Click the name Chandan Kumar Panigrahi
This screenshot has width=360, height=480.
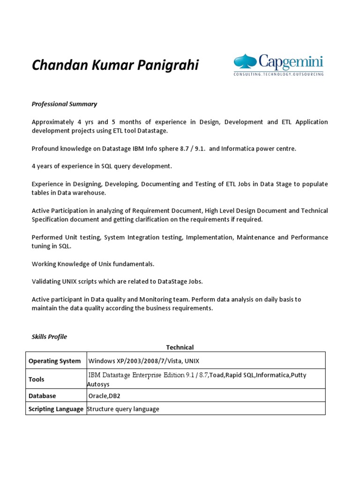[115, 65]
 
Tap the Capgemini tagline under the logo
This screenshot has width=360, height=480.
[278, 74]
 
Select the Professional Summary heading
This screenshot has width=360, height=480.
[64, 104]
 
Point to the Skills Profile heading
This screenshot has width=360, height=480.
[49, 337]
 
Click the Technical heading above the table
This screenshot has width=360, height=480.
[180, 347]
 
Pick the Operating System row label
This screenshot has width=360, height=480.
[54, 361]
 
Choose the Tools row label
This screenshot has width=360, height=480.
[37, 379]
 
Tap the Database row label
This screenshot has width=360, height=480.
[42, 396]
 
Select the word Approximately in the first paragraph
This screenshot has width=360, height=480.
[52, 122]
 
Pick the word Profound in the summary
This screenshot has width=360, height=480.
[45, 149]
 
